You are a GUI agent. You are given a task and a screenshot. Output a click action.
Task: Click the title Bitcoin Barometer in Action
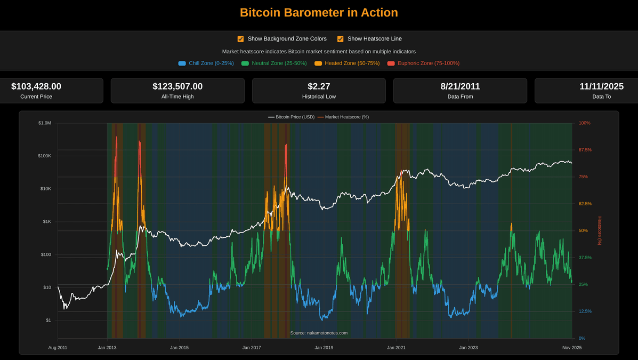click(319, 12)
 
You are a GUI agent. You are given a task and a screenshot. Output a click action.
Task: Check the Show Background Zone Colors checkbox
click(241, 39)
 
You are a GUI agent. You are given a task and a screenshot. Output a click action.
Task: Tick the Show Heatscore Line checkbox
click(340, 39)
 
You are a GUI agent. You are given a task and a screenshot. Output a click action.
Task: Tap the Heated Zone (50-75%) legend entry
click(347, 63)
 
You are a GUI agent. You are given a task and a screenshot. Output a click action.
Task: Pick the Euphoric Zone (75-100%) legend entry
click(423, 63)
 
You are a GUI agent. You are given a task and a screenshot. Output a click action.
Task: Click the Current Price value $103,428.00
click(36, 86)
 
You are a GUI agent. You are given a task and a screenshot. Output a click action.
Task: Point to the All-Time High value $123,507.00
click(177, 86)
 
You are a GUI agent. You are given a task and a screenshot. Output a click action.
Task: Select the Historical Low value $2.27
click(319, 86)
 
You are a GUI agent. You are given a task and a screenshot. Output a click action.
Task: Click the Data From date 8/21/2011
click(460, 86)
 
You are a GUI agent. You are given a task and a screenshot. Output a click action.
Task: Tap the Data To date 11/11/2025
click(601, 86)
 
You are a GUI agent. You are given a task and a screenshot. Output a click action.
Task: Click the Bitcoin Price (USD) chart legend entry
click(291, 117)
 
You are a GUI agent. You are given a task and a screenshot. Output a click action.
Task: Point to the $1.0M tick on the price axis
click(45, 123)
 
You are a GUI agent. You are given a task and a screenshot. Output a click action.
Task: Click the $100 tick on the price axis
click(46, 254)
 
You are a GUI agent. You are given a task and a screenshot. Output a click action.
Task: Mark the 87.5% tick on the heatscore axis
click(585, 150)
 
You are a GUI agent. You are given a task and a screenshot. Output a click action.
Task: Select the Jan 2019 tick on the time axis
click(324, 348)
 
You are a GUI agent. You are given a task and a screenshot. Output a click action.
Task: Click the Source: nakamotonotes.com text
click(319, 333)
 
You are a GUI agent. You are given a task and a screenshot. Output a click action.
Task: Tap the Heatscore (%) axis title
click(599, 230)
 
